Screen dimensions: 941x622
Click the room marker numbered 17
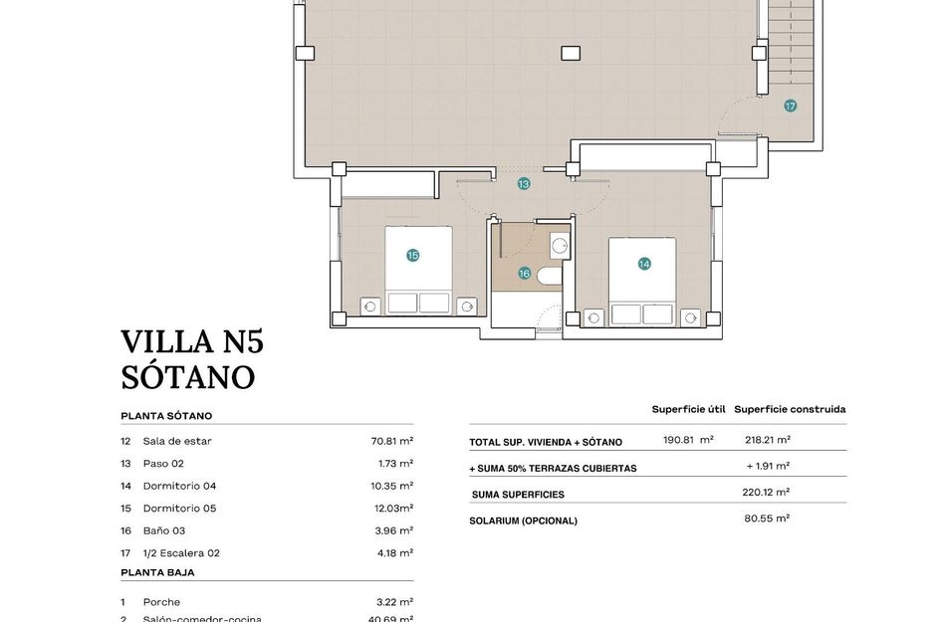point(790,105)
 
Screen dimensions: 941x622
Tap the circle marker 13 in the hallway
point(524,184)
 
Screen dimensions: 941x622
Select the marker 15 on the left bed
point(413,256)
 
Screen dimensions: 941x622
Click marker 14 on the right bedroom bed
point(644,264)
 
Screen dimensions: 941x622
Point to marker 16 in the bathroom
point(524,273)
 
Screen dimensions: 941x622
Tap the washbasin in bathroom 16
point(559,246)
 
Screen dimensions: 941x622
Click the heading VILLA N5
point(192,342)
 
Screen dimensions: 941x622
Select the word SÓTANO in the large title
point(188,378)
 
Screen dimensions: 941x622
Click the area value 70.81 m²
point(391,441)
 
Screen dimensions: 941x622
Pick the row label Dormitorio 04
point(180,486)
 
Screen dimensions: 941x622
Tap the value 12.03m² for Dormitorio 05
point(391,509)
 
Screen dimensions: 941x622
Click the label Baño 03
point(164,530)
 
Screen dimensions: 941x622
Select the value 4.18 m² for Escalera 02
point(396,553)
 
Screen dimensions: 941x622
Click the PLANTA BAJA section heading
point(157,572)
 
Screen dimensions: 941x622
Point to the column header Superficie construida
point(790,409)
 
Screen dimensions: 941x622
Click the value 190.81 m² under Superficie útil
point(688,440)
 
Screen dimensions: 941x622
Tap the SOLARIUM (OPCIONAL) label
point(523,520)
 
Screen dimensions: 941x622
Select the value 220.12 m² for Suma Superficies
point(767,492)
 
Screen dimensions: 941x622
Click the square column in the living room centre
point(570,53)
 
